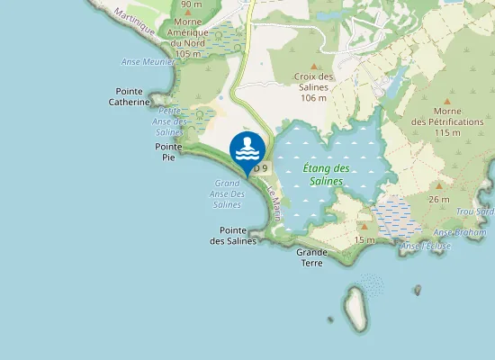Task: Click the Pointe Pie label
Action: (x=168, y=151)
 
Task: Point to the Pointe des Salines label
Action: (x=234, y=235)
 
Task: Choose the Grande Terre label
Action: (x=311, y=257)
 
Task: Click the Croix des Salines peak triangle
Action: (x=314, y=67)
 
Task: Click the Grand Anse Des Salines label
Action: (x=227, y=193)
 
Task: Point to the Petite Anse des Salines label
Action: (x=169, y=121)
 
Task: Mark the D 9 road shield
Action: (x=260, y=167)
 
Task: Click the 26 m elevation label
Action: (x=439, y=199)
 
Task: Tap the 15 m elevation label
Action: (x=364, y=239)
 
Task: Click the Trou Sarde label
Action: (x=478, y=211)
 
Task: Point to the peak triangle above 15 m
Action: (x=364, y=227)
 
